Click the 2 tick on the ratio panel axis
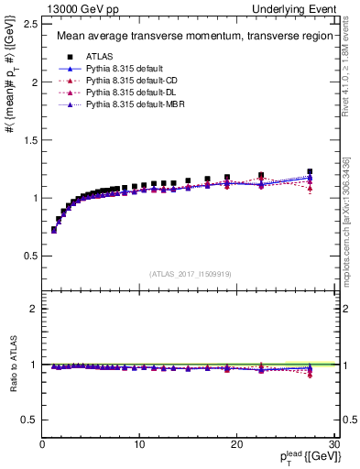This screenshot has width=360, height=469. tap(34, 309)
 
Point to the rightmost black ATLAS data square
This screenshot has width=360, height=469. tap(310, 171)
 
